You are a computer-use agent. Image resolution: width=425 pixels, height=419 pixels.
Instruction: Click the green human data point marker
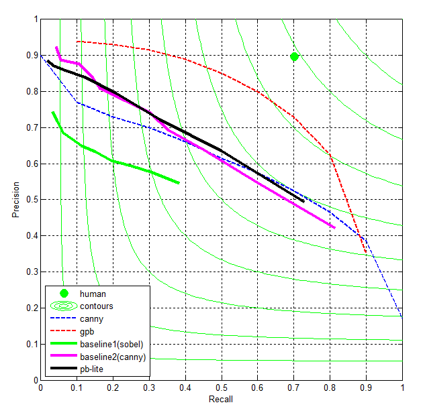tap(294, 57)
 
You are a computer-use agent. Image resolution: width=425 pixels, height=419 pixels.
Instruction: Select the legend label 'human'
tap(93, 294)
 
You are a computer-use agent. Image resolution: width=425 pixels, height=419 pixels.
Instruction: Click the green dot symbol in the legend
tap(64, 294)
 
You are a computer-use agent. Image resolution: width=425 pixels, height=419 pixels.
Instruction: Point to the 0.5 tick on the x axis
tap(222, 387)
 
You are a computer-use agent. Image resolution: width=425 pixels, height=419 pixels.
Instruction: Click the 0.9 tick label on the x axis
tap(366, 387)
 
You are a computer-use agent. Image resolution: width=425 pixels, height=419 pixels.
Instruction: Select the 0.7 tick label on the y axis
tap(30, 127)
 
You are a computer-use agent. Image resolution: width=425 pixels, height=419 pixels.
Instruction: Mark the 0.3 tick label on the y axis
tap(30, 272)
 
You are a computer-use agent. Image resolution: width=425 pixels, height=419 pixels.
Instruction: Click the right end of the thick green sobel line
tap(179, 182)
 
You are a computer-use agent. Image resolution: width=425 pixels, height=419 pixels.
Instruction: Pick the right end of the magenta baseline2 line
tap(334, 228)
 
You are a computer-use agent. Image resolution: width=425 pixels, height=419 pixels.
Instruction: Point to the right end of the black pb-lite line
tap(303, 201)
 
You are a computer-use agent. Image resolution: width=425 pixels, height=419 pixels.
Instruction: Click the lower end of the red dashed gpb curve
tap(366, 253)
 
